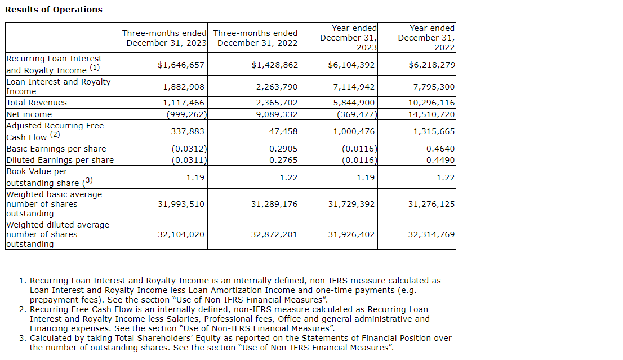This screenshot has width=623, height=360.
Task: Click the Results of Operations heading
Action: [54, 10]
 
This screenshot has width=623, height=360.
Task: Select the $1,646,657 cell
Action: [181, 65]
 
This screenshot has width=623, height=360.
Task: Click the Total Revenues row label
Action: [37, 103]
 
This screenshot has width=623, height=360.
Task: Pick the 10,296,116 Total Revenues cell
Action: [431, 103]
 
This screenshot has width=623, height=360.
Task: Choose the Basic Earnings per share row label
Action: [56, 149]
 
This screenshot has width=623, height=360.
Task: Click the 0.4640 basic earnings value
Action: [440, 149]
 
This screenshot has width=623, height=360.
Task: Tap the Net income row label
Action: [29, 114]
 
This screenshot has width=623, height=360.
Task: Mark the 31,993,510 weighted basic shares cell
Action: [181, 204]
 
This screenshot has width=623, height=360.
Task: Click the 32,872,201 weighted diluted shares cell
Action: [274, 234]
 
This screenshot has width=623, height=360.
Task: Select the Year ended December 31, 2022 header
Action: [426, 38]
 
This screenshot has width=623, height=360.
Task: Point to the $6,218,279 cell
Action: [432, 65]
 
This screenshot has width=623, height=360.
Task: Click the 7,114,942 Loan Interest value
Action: [351, 87]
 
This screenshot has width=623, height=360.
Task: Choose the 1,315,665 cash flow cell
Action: [431, 131]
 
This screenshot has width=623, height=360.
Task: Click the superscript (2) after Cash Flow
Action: [55, 135]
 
